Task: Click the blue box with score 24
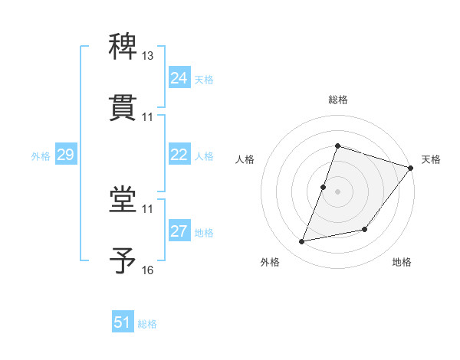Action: [x=179, y=78]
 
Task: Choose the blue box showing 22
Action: [x=179, y=155]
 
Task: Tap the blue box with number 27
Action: [x=179, y=231]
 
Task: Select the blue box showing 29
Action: [x=65, y=155]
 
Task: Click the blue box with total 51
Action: [x=123, y=322]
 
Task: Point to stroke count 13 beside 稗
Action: [x=148, y=56]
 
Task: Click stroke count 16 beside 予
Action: [x=148, y=270]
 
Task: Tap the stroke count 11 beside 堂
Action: [x=148, y=208]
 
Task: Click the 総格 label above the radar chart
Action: [x=338, y=100]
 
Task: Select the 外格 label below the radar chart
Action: [x=270, y=263]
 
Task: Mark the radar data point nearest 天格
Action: [x=411, y=169]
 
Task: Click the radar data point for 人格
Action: [x=324, y=187]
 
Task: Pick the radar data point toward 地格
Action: [x=365, y=229]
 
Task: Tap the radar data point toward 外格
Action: [x=302, y=241]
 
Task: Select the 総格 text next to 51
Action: [x=147, y=324]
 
